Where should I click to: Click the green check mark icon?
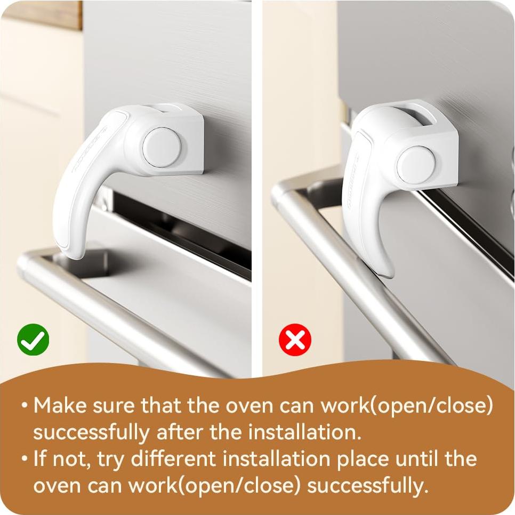33,340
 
